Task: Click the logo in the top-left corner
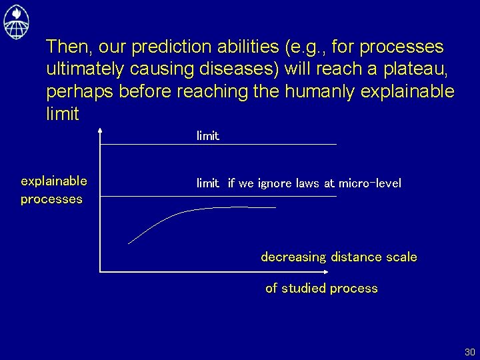16,21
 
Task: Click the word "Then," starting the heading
69,47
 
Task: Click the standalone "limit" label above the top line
207,136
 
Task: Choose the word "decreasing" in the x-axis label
293,257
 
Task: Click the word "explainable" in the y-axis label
54,181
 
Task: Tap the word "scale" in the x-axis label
401,257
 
